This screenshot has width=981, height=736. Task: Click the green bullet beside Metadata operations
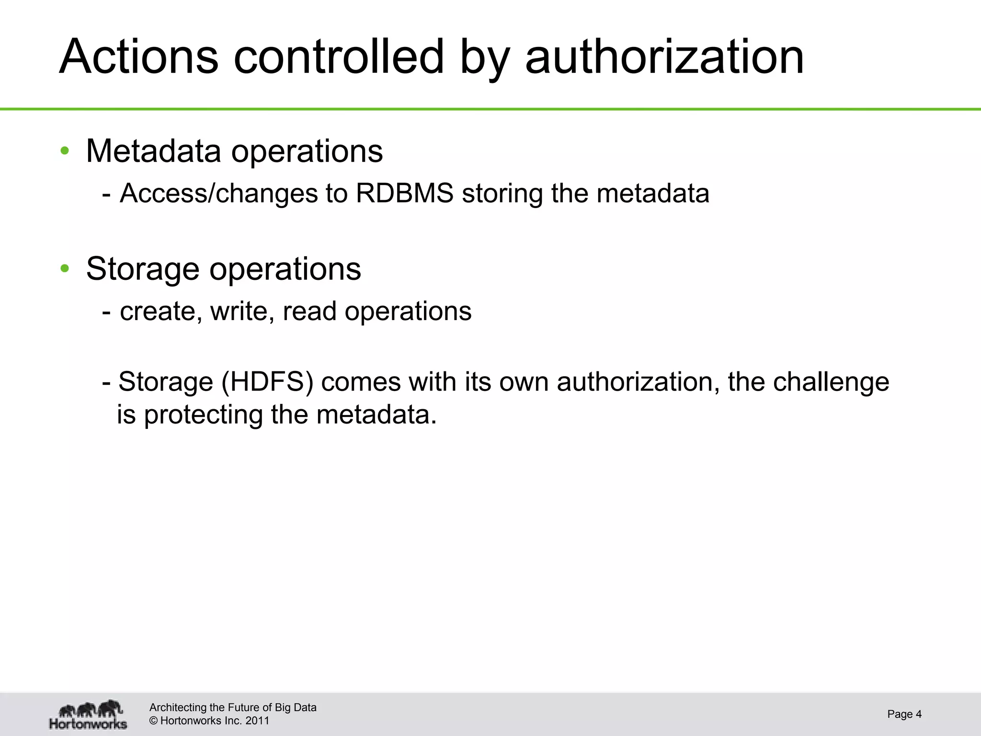(x=65, y=151)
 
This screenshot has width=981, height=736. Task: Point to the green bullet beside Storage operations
(x=65, y=269)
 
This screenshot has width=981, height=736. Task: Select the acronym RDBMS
(x=405, y=194)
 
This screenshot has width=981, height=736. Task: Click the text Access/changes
(x=218, y=194)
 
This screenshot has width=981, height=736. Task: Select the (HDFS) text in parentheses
(x=267, y=382)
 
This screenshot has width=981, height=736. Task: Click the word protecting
(x=203, y=414)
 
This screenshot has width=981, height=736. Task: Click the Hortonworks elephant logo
(x=89, y=714)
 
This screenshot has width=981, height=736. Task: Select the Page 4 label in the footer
(x=904, y=714)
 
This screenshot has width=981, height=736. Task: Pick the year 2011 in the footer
(x=257, y=721)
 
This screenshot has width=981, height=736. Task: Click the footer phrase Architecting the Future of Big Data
(x=233, y=707)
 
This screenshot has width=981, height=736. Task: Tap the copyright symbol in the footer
(x=154, y=721)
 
